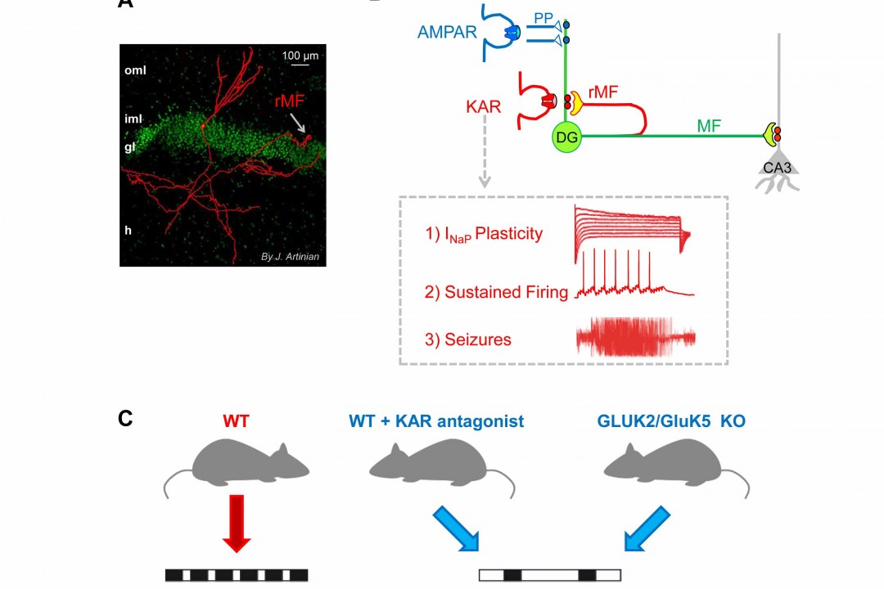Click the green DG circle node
pos(566,137)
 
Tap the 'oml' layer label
pos(135,70)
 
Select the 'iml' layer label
pos(133,118)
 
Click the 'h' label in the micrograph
pos(128,230)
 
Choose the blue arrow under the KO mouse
pos(650,528)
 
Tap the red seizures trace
pos(636,336)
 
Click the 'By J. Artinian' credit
pos(289,258)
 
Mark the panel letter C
pos(125,419)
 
